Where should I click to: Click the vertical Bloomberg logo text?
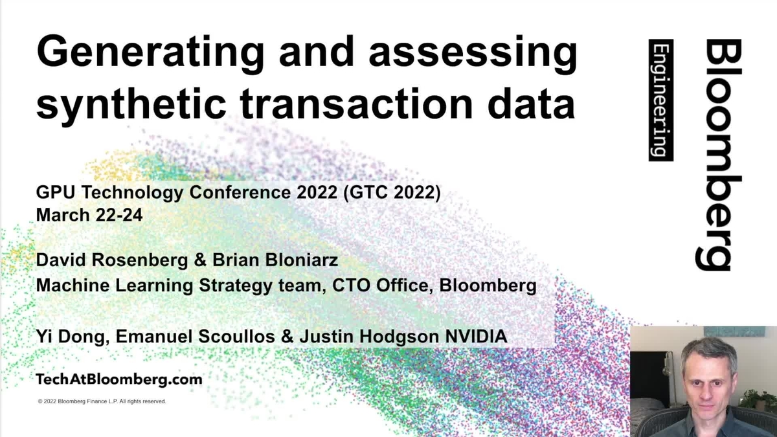point(718,154)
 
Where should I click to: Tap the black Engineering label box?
point(661,100)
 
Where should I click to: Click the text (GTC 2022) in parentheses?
point(392,192)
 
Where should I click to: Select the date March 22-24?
point(89,215)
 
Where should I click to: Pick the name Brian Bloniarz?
point(275,260)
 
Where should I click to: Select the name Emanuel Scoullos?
point(196,337)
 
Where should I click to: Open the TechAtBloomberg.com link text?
point(119,379)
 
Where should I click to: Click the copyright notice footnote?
point(102,401)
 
